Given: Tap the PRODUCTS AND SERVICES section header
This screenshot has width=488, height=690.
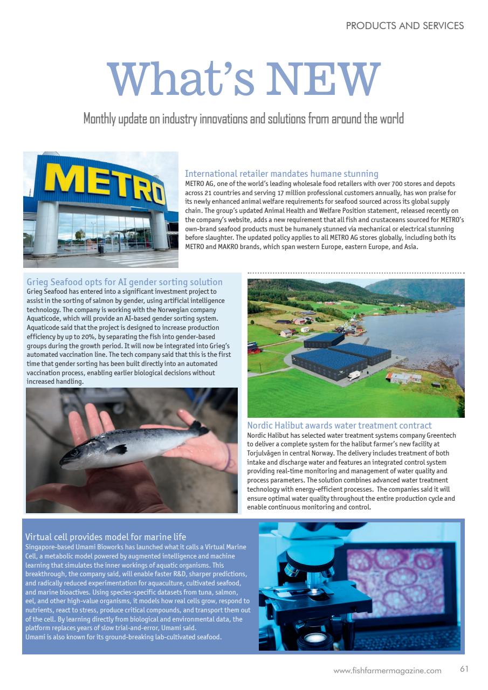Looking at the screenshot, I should [x=404, y=25].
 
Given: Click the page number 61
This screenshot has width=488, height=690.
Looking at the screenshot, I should [x=464, y=669].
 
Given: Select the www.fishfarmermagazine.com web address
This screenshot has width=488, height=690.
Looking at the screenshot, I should [x=387, y=671].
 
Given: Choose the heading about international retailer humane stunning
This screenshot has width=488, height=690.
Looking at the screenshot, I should [x=281, y=174].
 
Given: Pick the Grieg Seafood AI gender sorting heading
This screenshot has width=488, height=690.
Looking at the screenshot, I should [x=125, y=282].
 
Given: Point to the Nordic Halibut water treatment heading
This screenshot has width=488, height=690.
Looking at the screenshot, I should [x=339, y=425].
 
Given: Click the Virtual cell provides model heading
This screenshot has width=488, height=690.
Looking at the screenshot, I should [x=106, y=536].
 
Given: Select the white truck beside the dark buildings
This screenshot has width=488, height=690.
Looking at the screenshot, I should [x=354, y=375].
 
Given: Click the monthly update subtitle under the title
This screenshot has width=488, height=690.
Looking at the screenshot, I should [x=243, y=119].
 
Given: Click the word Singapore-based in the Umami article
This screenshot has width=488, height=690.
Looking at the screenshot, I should [x=50, y=547].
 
